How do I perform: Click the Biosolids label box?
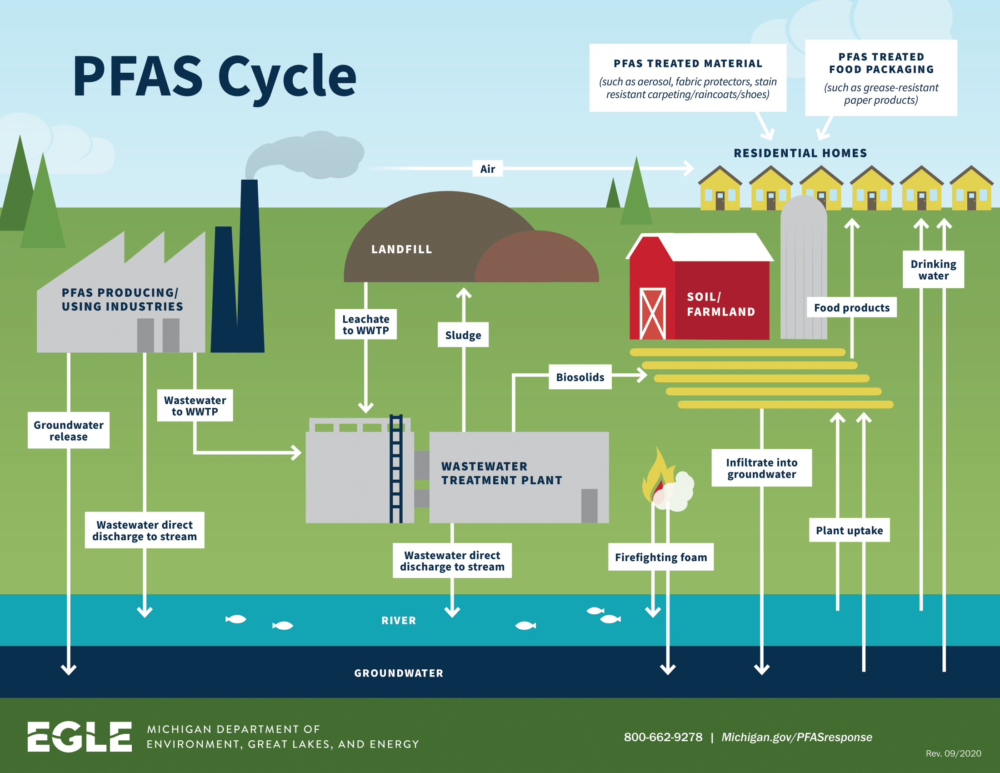[x=580, y=377]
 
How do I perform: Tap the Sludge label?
[x=463, y=335]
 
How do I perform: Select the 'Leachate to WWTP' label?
[x=365, y=324]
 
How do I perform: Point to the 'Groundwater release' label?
[x=68, y=431]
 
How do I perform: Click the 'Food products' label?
[x=851, y=308]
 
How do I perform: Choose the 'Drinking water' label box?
[x=933, y=270]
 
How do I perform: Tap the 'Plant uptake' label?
[x=849, y=530]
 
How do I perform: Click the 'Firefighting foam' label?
[x=660, y=557]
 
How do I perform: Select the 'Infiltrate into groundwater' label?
[x=761, y=468]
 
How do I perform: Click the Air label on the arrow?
[x=487, y=169]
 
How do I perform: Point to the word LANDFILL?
[x=401, y=249]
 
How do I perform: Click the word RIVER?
[x=398, y=620]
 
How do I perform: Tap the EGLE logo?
[x=79, y=736]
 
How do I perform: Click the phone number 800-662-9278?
[x=663, y=737]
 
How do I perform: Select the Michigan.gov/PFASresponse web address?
[x=796, y=737]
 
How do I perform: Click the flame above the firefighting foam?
[x=658, y=476]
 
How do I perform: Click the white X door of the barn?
[x=651, y=314]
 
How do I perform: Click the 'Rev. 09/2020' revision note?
[x=953, y=753]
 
